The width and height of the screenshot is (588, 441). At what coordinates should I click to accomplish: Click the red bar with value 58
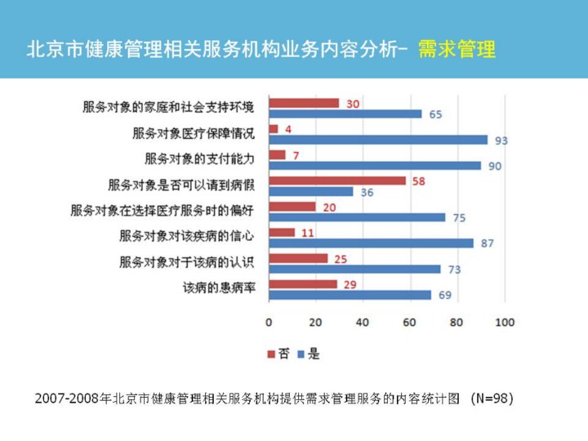pos(337,180)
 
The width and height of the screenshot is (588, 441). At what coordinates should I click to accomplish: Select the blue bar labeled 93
pos(378,140)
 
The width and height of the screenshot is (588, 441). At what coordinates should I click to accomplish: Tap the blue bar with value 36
pos(311,192)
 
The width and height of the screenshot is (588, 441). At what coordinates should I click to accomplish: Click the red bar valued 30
pos(304,104)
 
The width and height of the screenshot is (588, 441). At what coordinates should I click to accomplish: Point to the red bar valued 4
pos(274,129)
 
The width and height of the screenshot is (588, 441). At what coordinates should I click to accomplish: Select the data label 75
pos(459,218)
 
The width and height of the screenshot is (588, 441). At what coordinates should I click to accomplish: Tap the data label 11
pos(307,233)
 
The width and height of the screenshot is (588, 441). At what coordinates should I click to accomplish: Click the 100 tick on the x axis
pos(505,322)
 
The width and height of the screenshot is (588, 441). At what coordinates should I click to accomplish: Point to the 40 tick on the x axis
pos(363,322)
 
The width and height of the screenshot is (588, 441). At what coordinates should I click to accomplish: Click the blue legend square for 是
pos(301,354)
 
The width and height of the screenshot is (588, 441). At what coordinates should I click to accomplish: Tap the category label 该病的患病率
pos(219,287)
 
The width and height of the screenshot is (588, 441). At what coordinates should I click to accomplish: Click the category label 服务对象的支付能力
pos(200,158)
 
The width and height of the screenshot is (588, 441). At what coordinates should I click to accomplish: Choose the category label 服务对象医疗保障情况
pos(194,132)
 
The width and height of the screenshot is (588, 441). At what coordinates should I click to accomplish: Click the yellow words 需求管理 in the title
pos(457,49)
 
